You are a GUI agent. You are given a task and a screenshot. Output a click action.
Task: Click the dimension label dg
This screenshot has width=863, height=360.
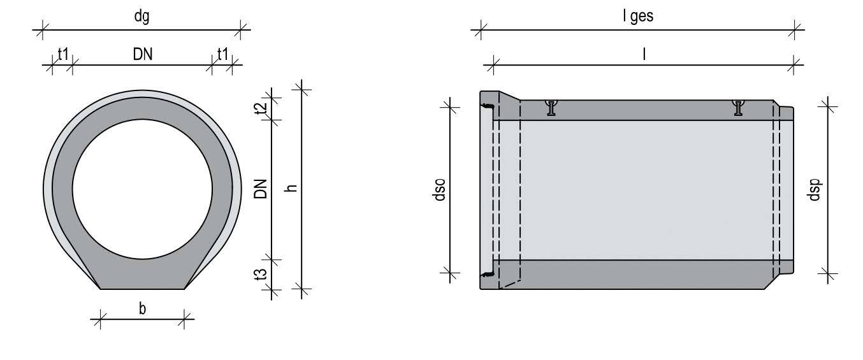tap(141, 17)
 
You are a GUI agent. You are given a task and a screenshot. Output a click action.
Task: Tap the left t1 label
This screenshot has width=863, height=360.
tap(63, 54)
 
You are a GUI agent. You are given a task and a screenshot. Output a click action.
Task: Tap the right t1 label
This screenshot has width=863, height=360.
tap(222, 54)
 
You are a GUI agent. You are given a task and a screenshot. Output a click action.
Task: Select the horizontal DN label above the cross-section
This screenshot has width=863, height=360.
tap(143, 54)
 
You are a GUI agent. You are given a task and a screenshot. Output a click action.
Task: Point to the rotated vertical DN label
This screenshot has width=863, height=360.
tap(261, 189)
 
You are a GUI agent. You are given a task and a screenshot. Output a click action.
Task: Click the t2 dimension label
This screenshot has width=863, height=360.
tap(261, 108)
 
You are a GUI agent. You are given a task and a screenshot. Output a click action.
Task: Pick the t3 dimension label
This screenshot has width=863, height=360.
tap(261, 274)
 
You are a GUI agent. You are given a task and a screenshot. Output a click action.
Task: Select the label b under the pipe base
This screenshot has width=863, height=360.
tap(143, 308)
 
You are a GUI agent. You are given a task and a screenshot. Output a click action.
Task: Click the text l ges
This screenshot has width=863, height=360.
tap(638, 17)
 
